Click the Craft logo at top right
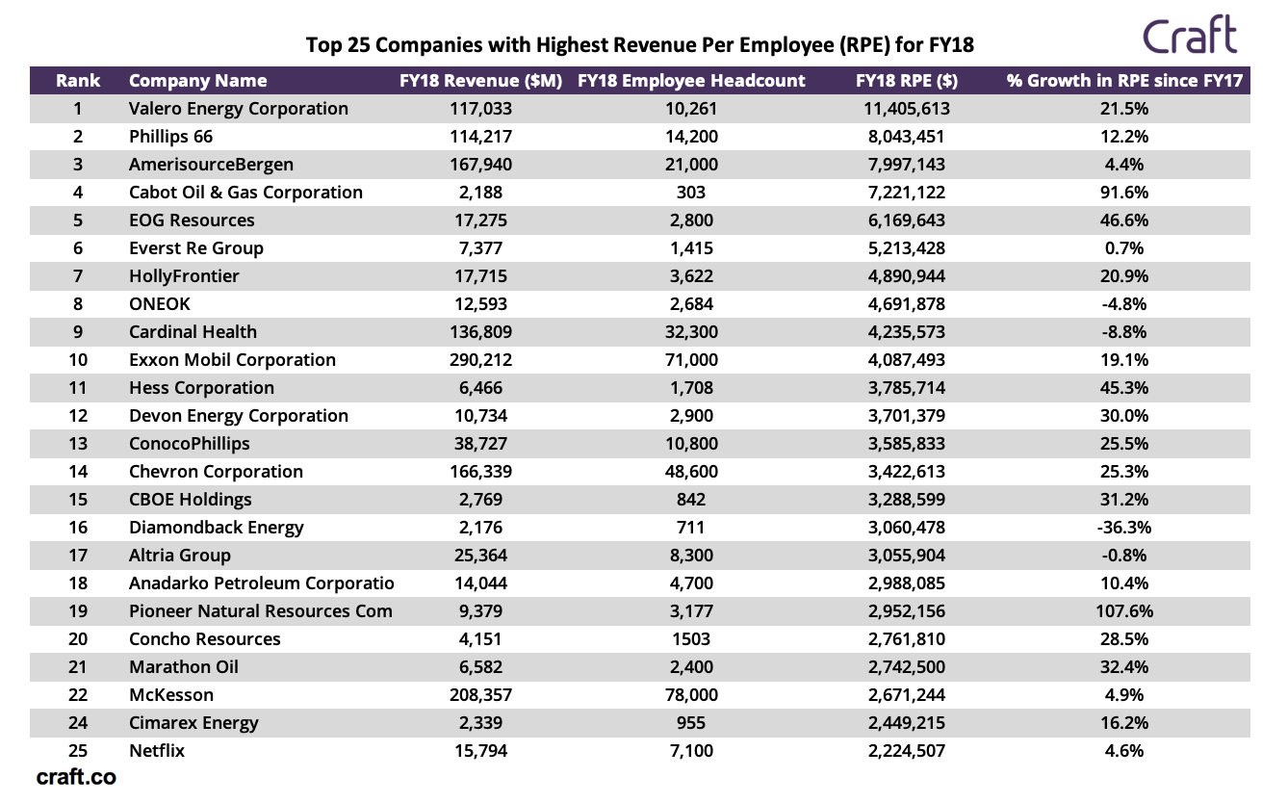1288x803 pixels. pos(1190,37)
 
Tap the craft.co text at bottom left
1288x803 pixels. pos(76,777)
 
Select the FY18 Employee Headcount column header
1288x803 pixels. pos(691,81)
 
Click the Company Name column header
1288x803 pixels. pos(197,81)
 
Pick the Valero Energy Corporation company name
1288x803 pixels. pos(238,109)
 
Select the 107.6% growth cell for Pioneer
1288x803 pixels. pos(1124,611)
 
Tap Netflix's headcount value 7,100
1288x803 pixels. pos(690,751)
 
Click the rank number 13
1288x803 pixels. pos(78,444)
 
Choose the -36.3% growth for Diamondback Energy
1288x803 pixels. pos(1124,528)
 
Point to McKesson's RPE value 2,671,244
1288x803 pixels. pos(906,695)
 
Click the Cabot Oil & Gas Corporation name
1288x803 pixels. pos(245,193)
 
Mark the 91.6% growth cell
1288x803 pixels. pos(1124,193)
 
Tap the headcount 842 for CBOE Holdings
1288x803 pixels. pos(690,500)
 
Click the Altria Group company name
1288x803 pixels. pos(180,556)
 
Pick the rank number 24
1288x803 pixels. pos(78,723)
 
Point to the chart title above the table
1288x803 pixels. pos(639,45)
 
